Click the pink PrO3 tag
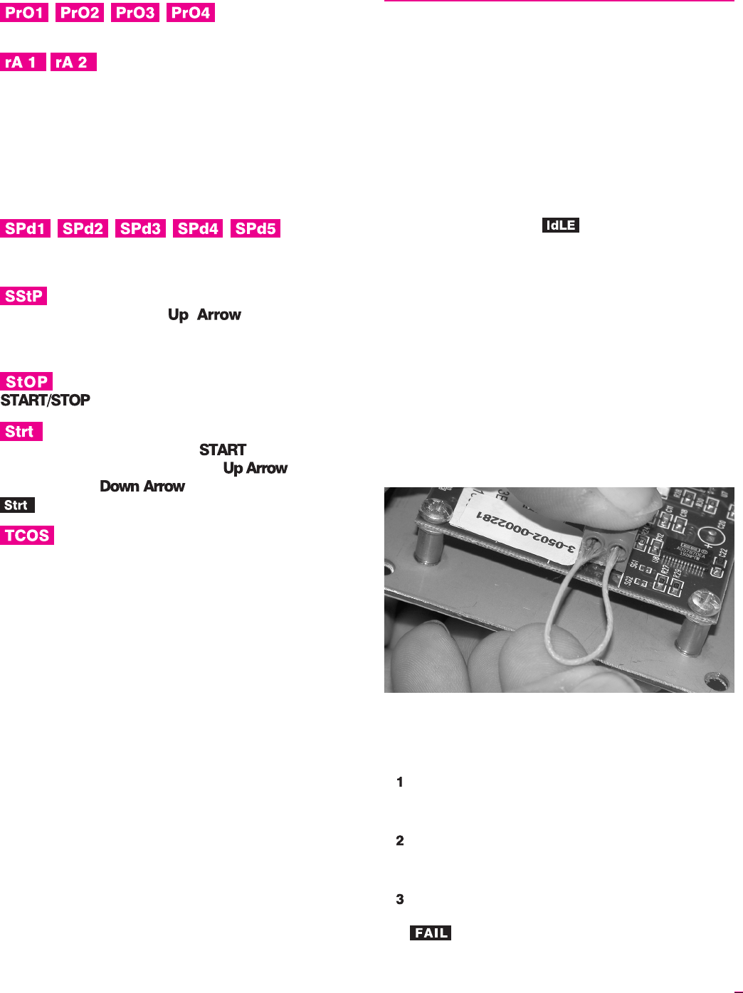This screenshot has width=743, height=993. coord(135,13)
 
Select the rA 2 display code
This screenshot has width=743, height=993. coord(73,63)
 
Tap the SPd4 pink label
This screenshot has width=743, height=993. coord(198,228)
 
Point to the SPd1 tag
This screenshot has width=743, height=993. coord(26,228)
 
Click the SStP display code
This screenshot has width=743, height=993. coord(23,296)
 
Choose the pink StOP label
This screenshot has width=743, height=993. coord(26,381)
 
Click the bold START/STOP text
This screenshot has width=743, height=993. coord(46,400)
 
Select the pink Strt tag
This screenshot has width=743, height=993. coord(21,432)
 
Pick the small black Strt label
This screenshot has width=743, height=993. coord(17,505)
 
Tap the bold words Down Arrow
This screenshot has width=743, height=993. coord(142,487)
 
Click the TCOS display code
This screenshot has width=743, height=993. coord(27,536)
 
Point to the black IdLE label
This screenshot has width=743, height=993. coord(561,225)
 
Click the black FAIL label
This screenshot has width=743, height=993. coord(431,933)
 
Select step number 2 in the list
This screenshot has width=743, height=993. coord(400,841)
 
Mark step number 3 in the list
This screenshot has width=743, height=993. coord(400,899)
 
